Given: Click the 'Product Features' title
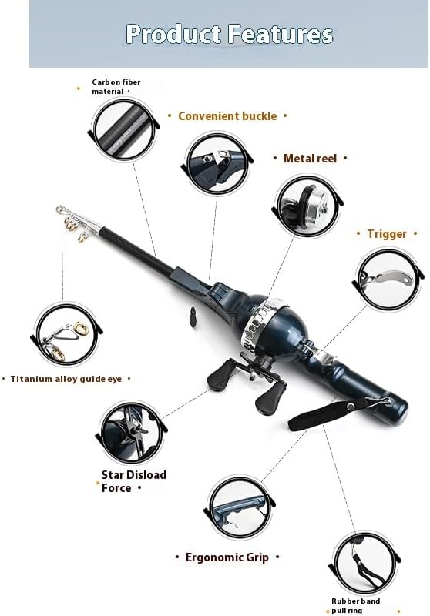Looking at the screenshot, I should [x=229, y=35].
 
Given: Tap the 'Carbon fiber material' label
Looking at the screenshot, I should [x=116, y=86].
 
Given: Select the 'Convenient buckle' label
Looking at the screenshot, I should [x=227, y=116].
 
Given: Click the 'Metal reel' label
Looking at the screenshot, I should [x=310, y=158].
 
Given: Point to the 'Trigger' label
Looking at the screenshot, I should [x=386, y=234].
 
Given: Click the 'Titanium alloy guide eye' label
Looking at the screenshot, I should [x=69, y=379].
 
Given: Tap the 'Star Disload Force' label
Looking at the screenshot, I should [x=134, y=481].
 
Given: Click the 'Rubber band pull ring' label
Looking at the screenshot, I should [x=356, y=605].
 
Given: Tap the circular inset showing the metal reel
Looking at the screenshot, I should [x=308, y=205].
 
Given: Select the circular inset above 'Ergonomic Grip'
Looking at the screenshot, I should [x=240, y=508].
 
